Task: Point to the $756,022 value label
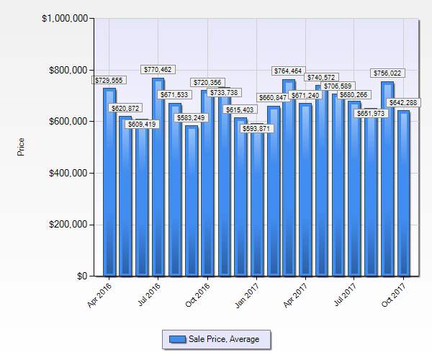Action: coord(387,73)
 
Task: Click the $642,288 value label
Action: coord(403,103)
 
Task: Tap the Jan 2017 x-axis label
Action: coord(248,294)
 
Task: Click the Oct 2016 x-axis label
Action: coord(199,294)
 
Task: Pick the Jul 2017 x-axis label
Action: coord(346,294)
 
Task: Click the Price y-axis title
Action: coord(21,147)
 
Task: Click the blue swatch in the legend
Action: coord(176,338)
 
